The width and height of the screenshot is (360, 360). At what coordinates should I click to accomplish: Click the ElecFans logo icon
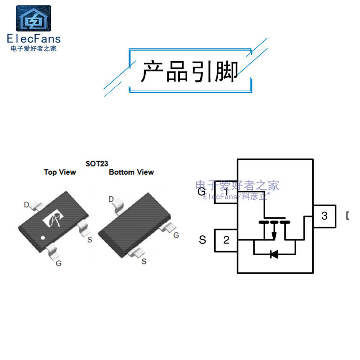coord(34,18)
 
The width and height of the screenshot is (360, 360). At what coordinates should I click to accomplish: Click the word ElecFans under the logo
coord(34,39)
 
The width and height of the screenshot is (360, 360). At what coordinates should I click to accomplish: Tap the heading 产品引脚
coord(189,72)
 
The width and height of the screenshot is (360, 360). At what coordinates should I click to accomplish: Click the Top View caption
coord(60,172)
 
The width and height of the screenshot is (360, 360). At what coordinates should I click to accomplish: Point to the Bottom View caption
coord(131,172)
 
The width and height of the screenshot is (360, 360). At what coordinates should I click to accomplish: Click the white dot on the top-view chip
coord(42,238)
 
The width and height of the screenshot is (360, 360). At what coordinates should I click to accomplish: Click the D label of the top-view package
coord(27,205)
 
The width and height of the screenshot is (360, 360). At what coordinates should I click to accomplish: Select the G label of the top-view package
coord(58,264)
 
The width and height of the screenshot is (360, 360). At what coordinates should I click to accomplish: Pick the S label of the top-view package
coord(90,239)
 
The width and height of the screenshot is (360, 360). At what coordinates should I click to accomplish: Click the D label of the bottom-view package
coord(111,199)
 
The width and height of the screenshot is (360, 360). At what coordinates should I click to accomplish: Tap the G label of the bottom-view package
coord(176,235)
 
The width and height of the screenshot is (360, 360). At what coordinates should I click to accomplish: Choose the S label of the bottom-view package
coord(144,261)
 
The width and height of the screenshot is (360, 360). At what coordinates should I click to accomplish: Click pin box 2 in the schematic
coord(226,240)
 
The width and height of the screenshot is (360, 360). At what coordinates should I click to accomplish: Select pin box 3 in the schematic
coord(324,216)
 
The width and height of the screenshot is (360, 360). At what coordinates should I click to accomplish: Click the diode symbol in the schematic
coord(274,254)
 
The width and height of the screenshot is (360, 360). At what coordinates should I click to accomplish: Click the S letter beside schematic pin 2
coord(202,240)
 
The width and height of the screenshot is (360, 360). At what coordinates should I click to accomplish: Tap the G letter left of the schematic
coord(202,192)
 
